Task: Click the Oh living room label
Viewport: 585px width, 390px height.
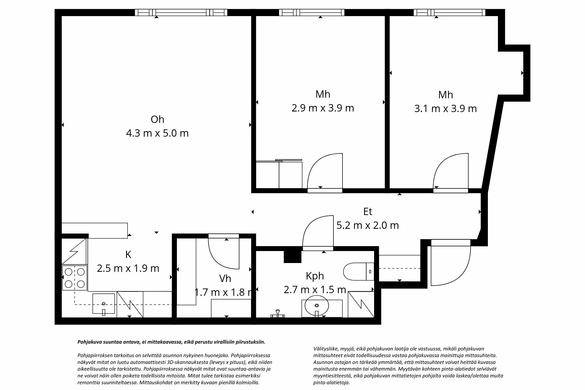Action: click(x=157, y=119)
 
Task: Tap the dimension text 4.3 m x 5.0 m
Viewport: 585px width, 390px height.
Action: click(x=157, y=133)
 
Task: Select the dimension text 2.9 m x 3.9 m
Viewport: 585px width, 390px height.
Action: click(x=323, y=108)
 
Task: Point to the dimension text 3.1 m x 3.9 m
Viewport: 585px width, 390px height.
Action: click(x=445, y=109)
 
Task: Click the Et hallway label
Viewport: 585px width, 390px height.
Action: click(x=368, y=212)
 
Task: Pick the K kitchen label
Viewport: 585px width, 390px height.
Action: click(x=128, y=255)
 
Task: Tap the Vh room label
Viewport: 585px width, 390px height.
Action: click(x=225, y=279)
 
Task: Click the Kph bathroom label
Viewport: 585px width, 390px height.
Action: click(x=315, y=276)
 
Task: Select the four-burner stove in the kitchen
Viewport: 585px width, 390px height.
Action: click(x=75, y=278)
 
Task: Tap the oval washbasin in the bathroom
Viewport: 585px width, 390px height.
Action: click(x=316, y=305)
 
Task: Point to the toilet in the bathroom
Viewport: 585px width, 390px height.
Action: click(x=358, y=272)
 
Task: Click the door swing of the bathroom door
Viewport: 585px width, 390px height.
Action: click(x=319, y=233)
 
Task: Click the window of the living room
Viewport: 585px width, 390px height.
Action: click(x=181, y=13)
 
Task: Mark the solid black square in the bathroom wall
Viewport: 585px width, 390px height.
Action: click(x=292, y=257)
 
